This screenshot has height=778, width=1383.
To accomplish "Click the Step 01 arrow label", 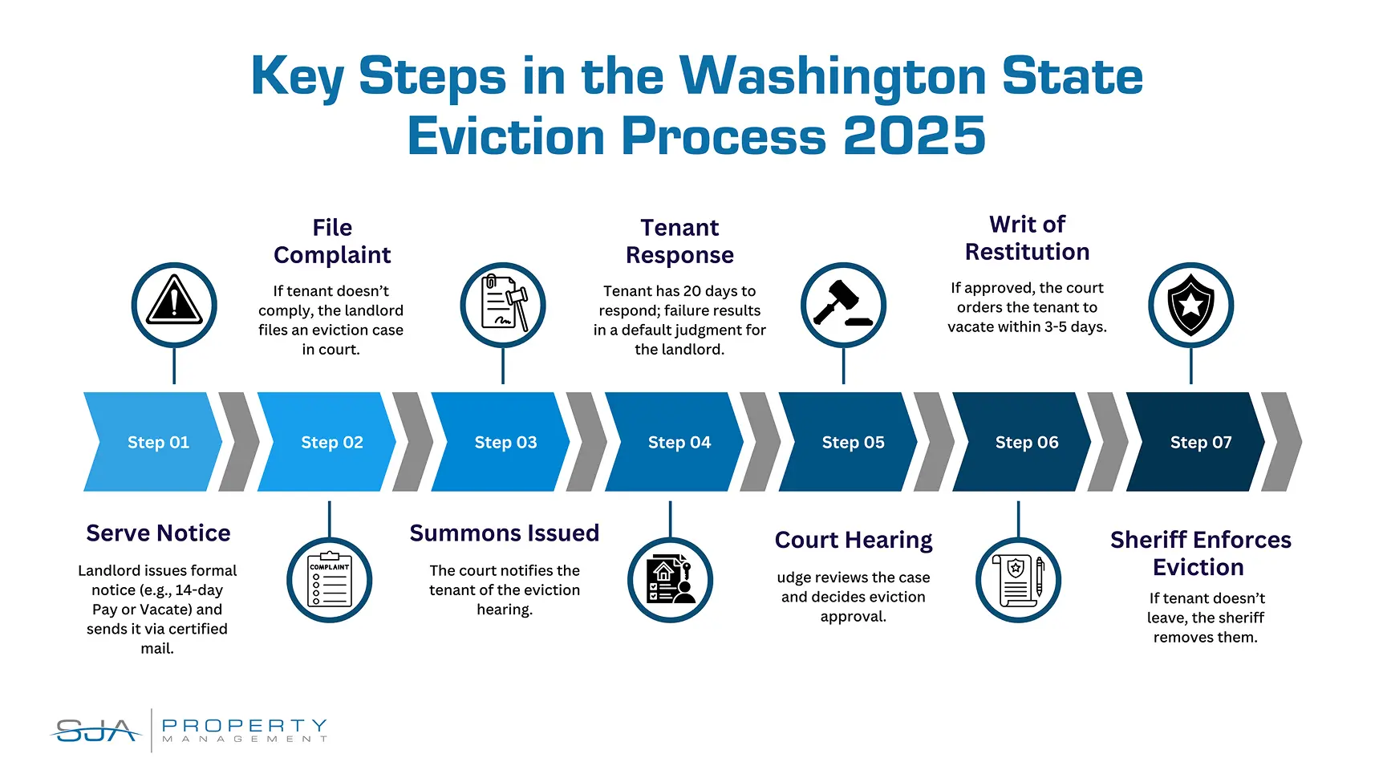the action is coord(158,442).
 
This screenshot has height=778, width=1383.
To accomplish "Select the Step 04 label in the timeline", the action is coord(679,442).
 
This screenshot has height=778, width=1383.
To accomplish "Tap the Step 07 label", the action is coord(1201,442).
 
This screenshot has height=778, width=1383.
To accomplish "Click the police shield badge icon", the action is coord(1191,305).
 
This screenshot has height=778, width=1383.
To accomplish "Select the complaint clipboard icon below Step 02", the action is coord(329,580).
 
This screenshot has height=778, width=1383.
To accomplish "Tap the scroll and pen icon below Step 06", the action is coord(1018,580).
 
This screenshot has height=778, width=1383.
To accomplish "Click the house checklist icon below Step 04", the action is coord(670,580).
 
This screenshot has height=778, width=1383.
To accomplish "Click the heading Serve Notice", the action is coord(158,533).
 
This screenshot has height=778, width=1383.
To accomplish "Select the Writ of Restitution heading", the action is coord(1027,238).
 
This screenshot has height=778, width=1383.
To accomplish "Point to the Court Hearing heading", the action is coord(854,541).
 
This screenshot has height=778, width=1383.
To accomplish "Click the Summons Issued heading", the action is coord(505,533).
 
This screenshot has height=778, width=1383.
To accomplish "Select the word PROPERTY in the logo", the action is coord(245,725).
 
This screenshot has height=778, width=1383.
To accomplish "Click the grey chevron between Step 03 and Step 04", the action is coord(586,442).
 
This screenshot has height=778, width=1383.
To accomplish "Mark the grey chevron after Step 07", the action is coord(1281,442).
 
